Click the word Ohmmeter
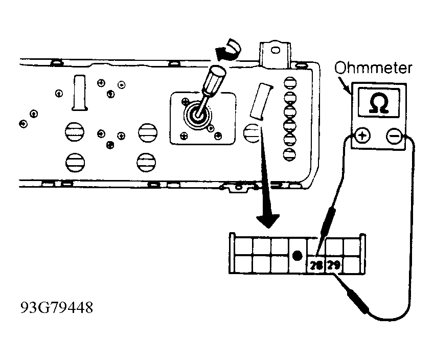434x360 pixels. [373, 68]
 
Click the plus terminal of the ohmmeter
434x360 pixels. [362, 136]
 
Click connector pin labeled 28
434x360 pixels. [316, 265]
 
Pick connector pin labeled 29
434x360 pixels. [334, 265]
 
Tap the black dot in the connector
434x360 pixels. [298, 256]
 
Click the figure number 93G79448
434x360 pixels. [57, 307]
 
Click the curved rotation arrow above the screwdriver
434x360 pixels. [229, 50]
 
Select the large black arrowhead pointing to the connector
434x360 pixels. [268, 221]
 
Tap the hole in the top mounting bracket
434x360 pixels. [275, 50]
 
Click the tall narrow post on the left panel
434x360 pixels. [80, 93]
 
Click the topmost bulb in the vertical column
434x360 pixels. [290, 83]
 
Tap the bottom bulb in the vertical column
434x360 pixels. [289, 154]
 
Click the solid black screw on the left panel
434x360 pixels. [110, 145]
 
